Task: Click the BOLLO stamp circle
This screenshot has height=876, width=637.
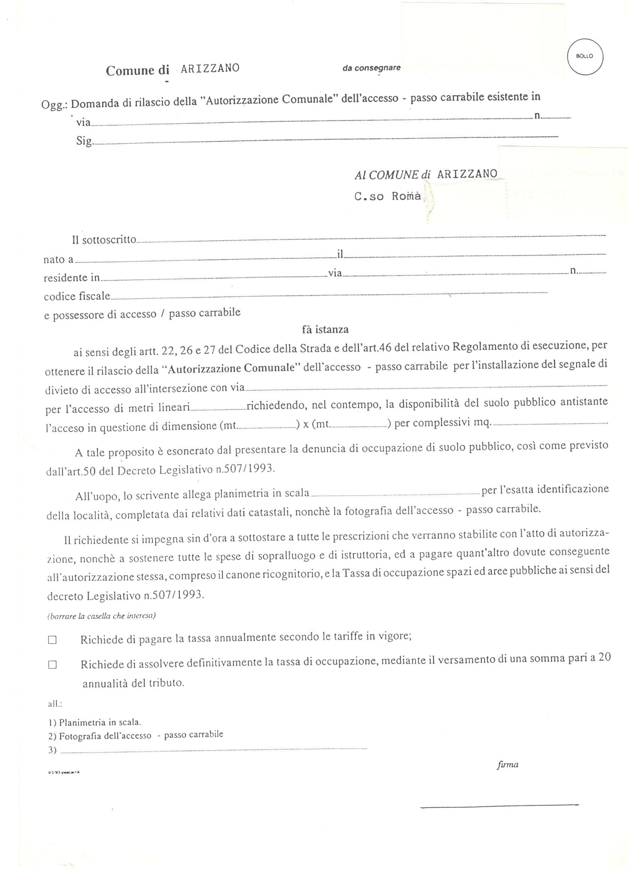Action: click(585, 57)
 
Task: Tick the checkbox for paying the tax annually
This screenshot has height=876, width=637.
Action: click(52, 640)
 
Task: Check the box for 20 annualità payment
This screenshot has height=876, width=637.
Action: click(52, 665)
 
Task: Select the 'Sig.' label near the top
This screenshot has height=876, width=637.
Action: click(84, 141)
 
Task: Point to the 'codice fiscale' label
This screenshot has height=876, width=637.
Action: click(77, 297)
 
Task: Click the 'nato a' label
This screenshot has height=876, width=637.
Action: click(58, 260)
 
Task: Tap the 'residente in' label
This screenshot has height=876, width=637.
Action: click(72, 278)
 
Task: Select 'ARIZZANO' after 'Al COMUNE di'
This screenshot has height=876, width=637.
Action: click(467, 174)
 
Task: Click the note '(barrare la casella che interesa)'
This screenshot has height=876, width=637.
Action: click(101, 616)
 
